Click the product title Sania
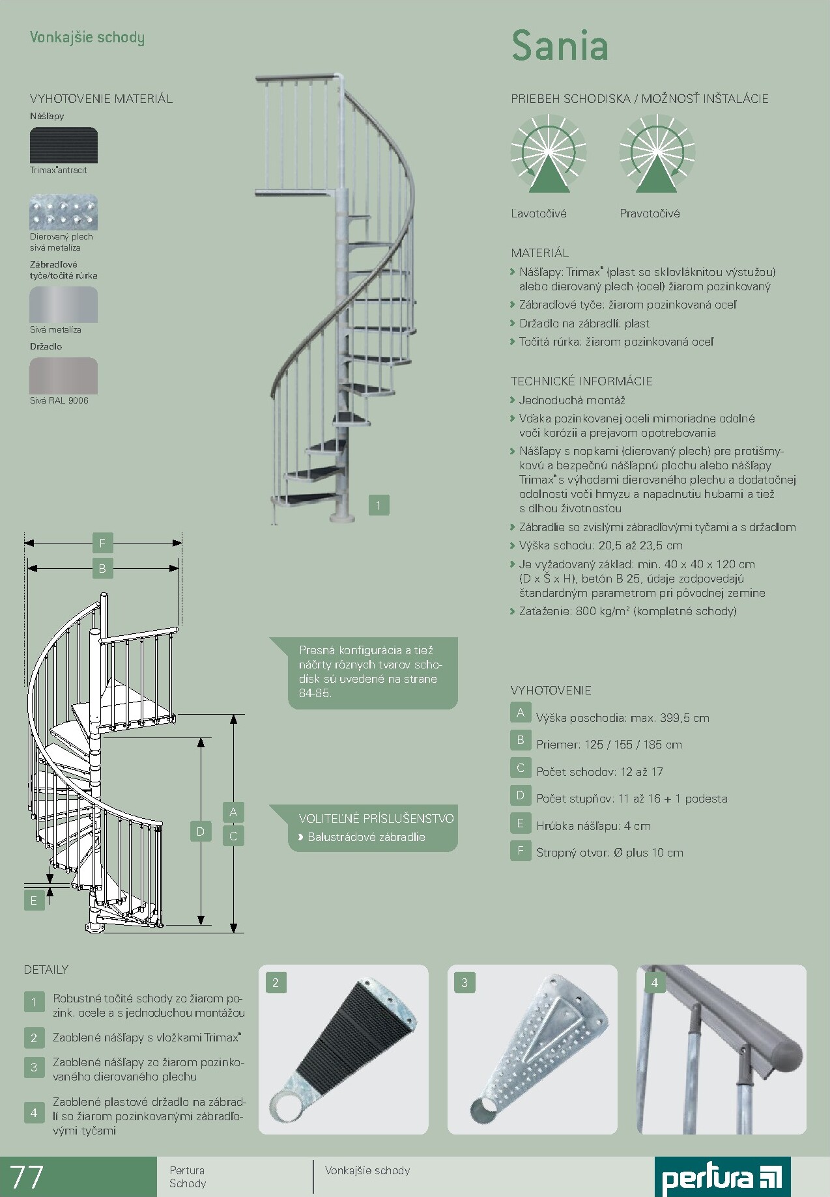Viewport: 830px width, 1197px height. tap(560, 46)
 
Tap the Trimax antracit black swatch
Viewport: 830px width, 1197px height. tap(64, 145)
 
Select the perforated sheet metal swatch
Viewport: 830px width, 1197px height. tap(64, 212)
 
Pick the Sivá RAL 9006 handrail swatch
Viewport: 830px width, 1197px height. tap(64, 376)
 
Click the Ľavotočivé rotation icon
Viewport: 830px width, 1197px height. tap(549, 154)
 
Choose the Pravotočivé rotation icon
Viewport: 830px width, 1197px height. tap(657, 154)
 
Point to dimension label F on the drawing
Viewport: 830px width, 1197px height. tap(102, 543)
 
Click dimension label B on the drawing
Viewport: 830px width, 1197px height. tap(102, 568)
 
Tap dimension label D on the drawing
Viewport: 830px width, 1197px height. tap(201, 831)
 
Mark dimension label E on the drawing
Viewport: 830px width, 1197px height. tap(34, 901)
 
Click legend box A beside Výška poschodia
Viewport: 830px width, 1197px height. tap(521, 713)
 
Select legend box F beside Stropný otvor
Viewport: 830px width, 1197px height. tap(521, 851)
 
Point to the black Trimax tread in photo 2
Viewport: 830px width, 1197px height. tap(358, 1035)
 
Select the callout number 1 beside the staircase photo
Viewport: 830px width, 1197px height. tap(379, 505)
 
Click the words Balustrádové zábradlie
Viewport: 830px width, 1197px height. tap(366, 837)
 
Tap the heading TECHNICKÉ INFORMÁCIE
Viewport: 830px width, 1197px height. tap(582, 381)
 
